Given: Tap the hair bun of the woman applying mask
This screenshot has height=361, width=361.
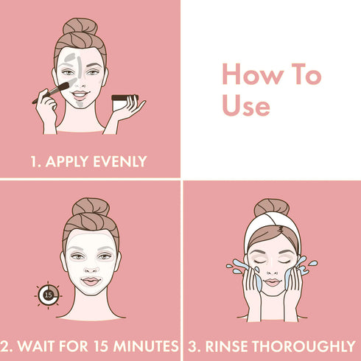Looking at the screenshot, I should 80,27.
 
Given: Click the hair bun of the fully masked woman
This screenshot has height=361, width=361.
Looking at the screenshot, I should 91,206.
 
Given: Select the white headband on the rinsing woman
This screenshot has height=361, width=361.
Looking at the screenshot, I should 270,230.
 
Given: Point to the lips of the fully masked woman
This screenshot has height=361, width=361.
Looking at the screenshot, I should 91,281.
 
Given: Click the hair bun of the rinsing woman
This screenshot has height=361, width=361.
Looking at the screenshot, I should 270,207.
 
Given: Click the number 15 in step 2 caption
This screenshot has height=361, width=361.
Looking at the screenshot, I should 99,346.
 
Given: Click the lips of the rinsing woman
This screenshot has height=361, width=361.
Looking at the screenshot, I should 271,282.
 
